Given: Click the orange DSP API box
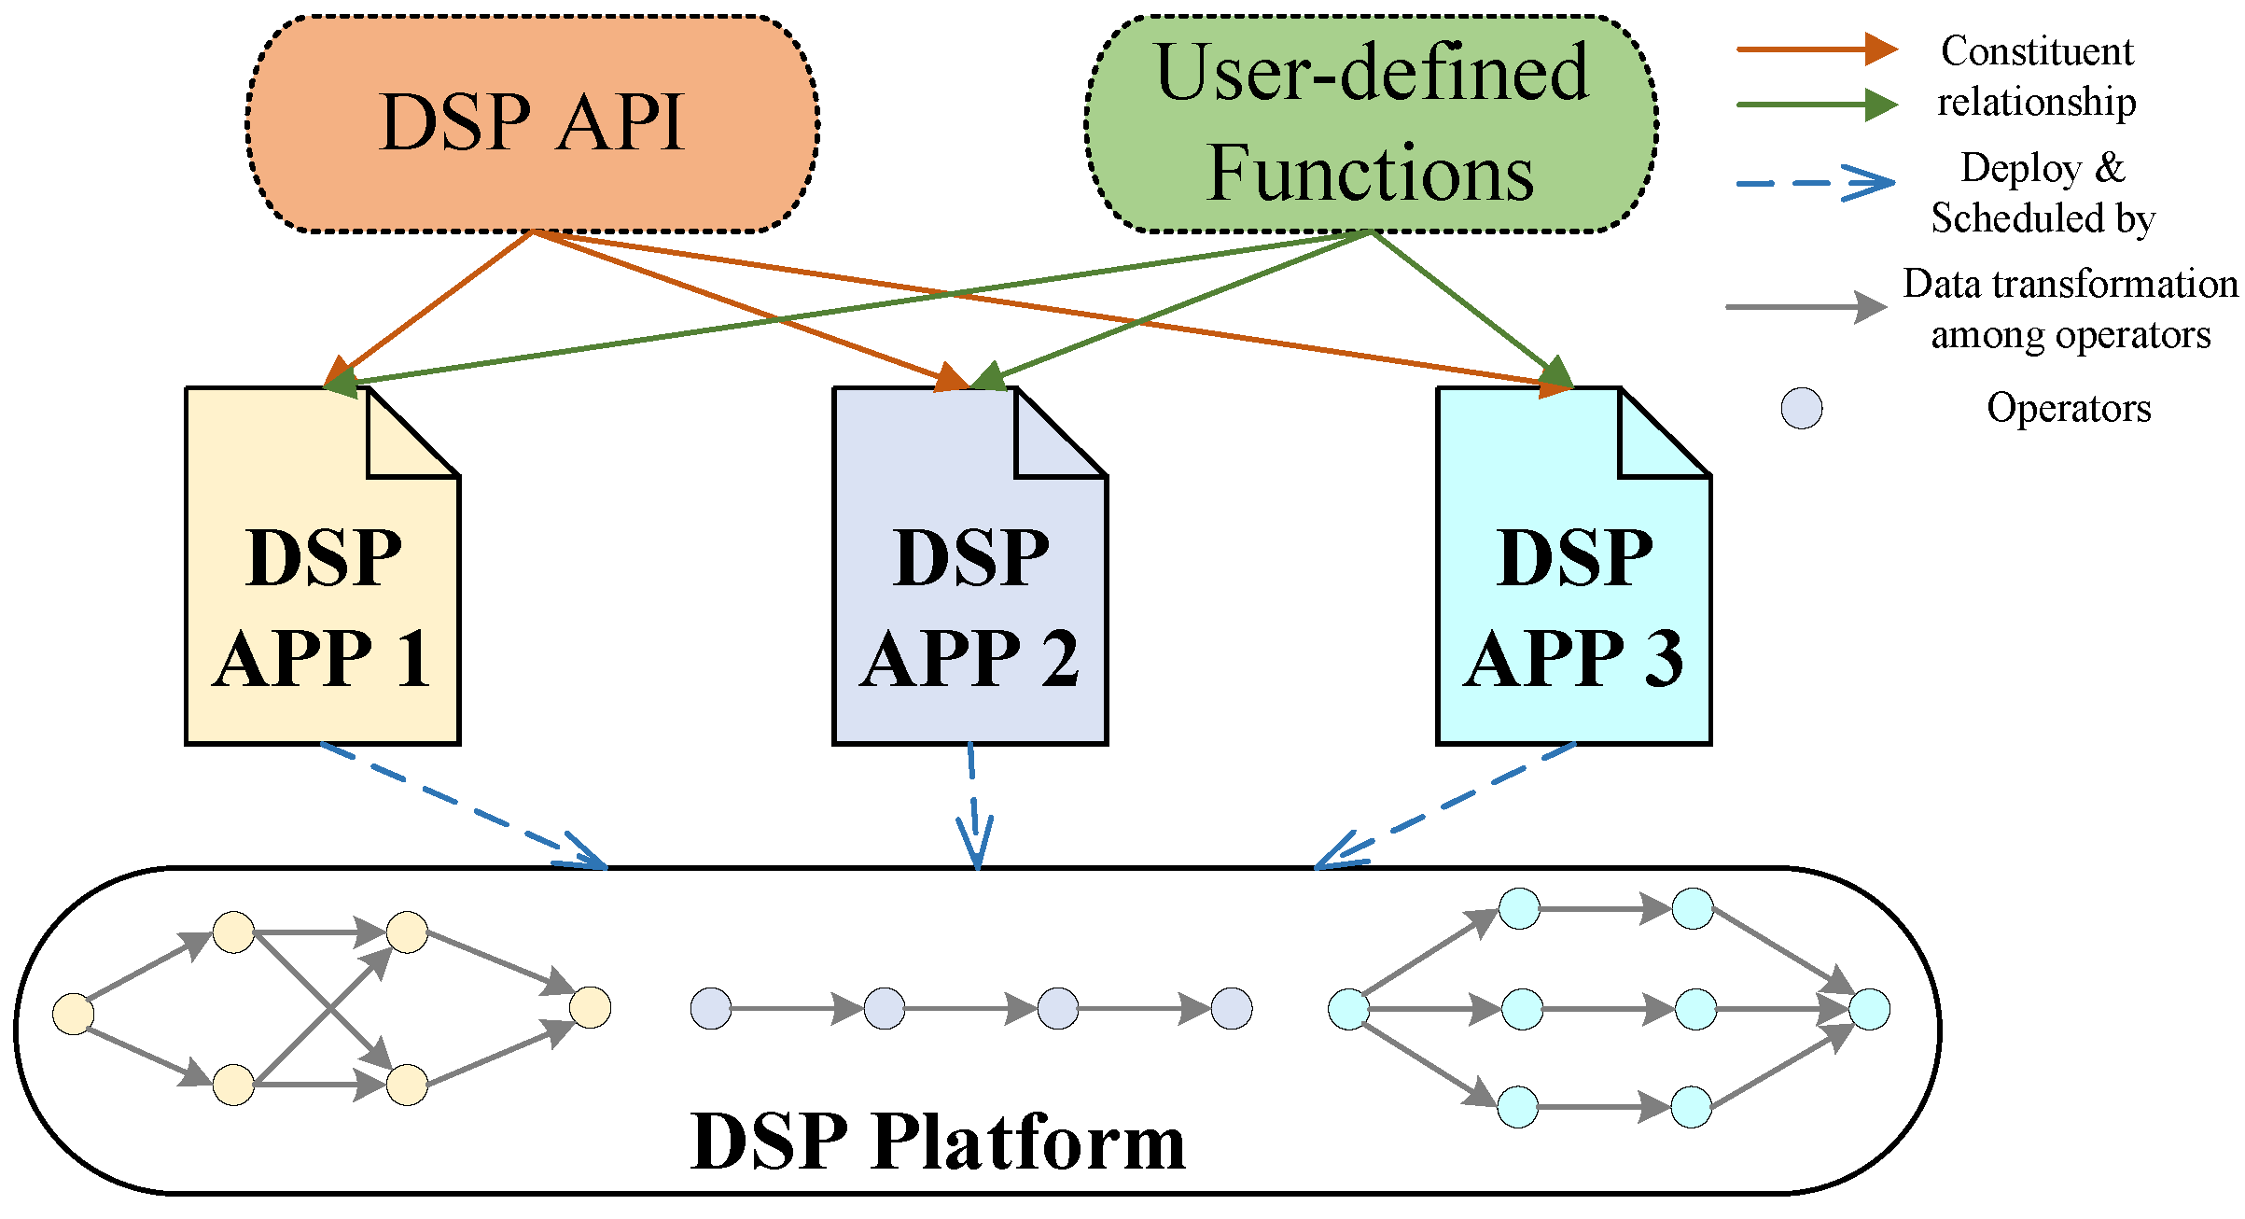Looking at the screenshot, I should (x=532, y=123).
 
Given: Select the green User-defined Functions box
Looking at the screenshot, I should (x=1371, y=123).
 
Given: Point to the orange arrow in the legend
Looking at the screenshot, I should (x=1815, y=49).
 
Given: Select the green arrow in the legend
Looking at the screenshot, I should (x=1815, y=105).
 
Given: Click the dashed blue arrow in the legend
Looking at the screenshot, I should (x=1815, y=183).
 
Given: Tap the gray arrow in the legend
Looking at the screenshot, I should (x=1806, y=306).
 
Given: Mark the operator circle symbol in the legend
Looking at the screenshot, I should (x=1801, y=409).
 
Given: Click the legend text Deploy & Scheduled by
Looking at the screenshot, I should (x=2042, y=193).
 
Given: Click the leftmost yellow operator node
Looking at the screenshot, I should (x=73, y=1014).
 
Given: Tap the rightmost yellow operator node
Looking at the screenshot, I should (x=590, y=1007).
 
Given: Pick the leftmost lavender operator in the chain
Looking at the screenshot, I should (x=710, y=1009).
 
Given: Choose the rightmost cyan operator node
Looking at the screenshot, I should (x=1869, y=1009).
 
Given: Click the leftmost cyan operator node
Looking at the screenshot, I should (x=1348, y=1009).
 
